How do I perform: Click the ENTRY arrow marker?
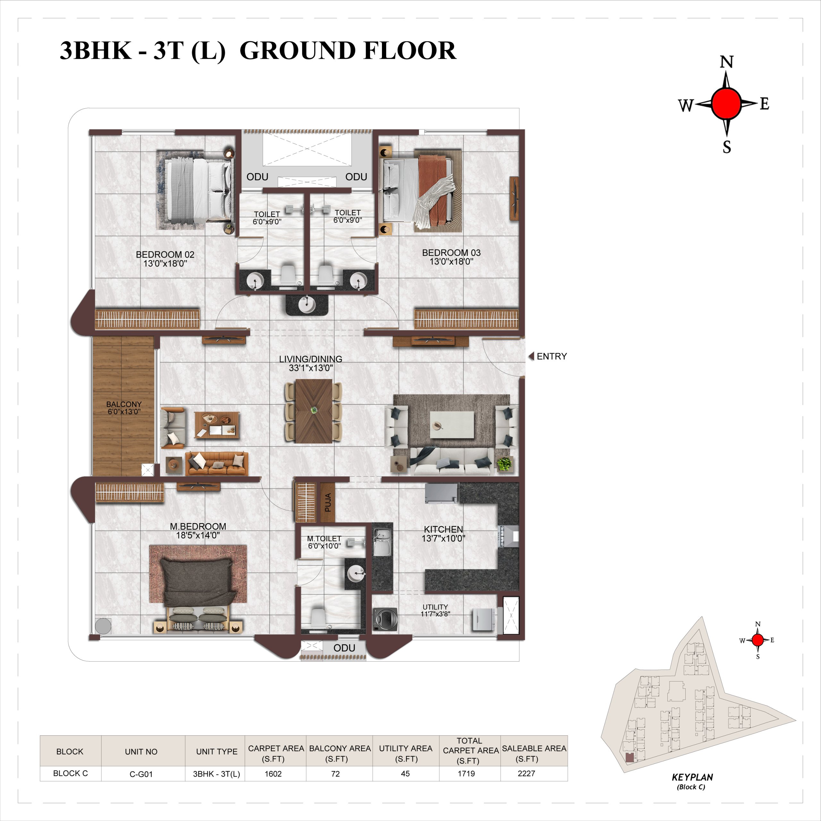(x=531, y=357)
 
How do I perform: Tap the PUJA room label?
(x=328, y=502)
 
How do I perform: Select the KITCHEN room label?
(x=443, y=529)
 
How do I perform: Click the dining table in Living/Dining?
(x=314, y=411)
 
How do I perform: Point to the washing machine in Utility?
(x=385, y=619)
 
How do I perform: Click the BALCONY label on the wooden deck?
(x=124, y=404)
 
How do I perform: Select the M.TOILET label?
(x=324, y=538)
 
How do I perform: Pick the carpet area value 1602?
(x=273, y=774)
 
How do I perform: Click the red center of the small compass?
(x=758, y=640)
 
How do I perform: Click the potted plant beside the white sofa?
(x=504, y=464)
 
